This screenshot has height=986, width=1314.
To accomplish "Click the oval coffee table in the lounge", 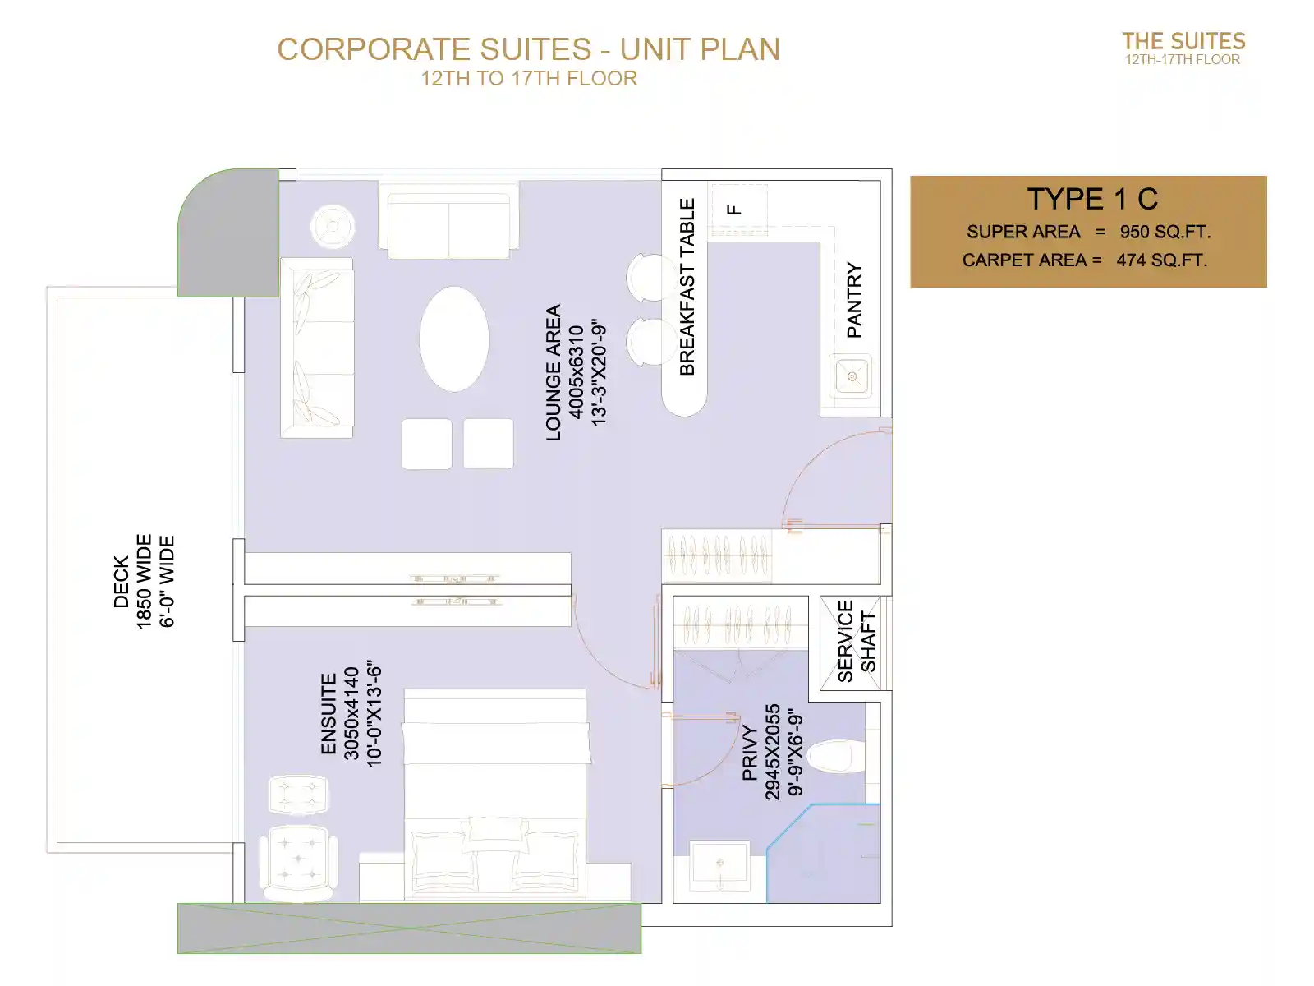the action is coord(454,339).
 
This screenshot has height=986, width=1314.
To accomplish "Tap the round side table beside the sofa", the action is coord(333,226).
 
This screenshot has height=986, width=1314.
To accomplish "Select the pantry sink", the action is coord(850,376).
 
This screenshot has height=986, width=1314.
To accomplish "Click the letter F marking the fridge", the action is coord(733,210).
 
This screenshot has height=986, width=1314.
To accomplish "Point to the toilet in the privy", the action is coord(836,756).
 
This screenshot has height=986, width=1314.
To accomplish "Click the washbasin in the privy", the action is coord(719,863).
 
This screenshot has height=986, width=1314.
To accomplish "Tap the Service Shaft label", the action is coord(856,642).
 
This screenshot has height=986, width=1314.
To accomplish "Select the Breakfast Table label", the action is coord(687,287).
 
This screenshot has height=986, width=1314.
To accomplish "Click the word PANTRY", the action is coord(854,300).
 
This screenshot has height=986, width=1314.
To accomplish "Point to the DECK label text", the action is coord(121,581).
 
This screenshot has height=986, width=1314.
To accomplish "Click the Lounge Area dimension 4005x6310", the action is coord(576,371).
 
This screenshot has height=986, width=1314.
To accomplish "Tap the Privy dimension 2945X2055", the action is coord(772,752).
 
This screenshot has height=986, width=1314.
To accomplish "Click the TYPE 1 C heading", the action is coord(1092,199).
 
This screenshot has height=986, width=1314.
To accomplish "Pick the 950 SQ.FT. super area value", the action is coord(1165,232).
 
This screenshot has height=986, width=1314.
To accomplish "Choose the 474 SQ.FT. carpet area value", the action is coord(1161,260).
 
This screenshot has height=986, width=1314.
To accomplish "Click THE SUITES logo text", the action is coord(1183,41).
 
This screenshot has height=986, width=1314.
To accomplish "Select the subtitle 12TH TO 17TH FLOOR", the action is coord(529,78).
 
